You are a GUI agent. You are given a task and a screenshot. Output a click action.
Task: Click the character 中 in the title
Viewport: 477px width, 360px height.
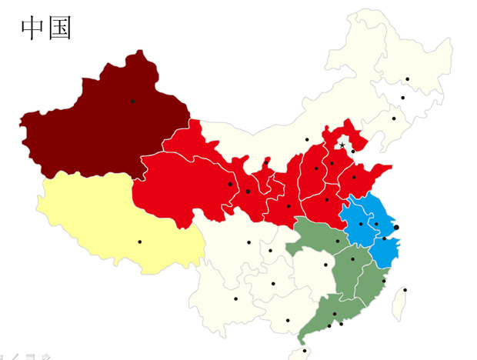click(x=32, y=28)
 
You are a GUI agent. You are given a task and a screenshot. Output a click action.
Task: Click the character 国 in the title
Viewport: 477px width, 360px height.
click(x=59, y=28)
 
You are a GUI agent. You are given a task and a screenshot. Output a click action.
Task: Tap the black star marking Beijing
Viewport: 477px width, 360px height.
click(x=342, y=145)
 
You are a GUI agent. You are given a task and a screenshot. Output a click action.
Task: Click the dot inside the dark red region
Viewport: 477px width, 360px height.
click(x=132, y=101)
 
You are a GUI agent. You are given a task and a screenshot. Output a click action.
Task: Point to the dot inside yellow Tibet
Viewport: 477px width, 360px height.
click(x=140, y=242)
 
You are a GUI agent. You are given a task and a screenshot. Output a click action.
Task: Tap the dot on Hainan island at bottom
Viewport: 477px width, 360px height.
click(x=305, y=351)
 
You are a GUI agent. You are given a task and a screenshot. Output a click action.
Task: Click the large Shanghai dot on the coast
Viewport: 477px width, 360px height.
click(x=396, y=227)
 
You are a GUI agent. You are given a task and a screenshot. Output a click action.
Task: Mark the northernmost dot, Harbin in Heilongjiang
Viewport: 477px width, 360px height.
click(x=408, y=79)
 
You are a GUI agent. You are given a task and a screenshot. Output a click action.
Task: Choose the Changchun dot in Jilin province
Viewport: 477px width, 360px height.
click(x=402, y=98)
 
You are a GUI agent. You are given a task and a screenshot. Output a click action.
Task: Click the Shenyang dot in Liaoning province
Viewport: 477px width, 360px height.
click(x=393, y=118)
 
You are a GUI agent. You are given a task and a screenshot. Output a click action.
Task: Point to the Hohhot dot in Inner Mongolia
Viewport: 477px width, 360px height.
click(x=307, y=139)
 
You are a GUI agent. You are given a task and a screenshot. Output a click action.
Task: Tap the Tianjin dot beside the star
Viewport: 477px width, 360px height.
click(x=353, y=152)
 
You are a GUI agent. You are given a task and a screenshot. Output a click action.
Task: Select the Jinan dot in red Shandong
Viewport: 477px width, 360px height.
click(x=354, y=178)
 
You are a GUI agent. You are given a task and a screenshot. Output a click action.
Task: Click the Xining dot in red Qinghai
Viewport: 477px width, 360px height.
click(x=230, y=184)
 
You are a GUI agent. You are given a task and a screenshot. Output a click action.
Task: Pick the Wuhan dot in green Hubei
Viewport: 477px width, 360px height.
click(x=337, y=241)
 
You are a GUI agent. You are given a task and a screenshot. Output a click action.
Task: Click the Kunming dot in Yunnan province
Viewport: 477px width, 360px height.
click(x=236, y=298)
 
